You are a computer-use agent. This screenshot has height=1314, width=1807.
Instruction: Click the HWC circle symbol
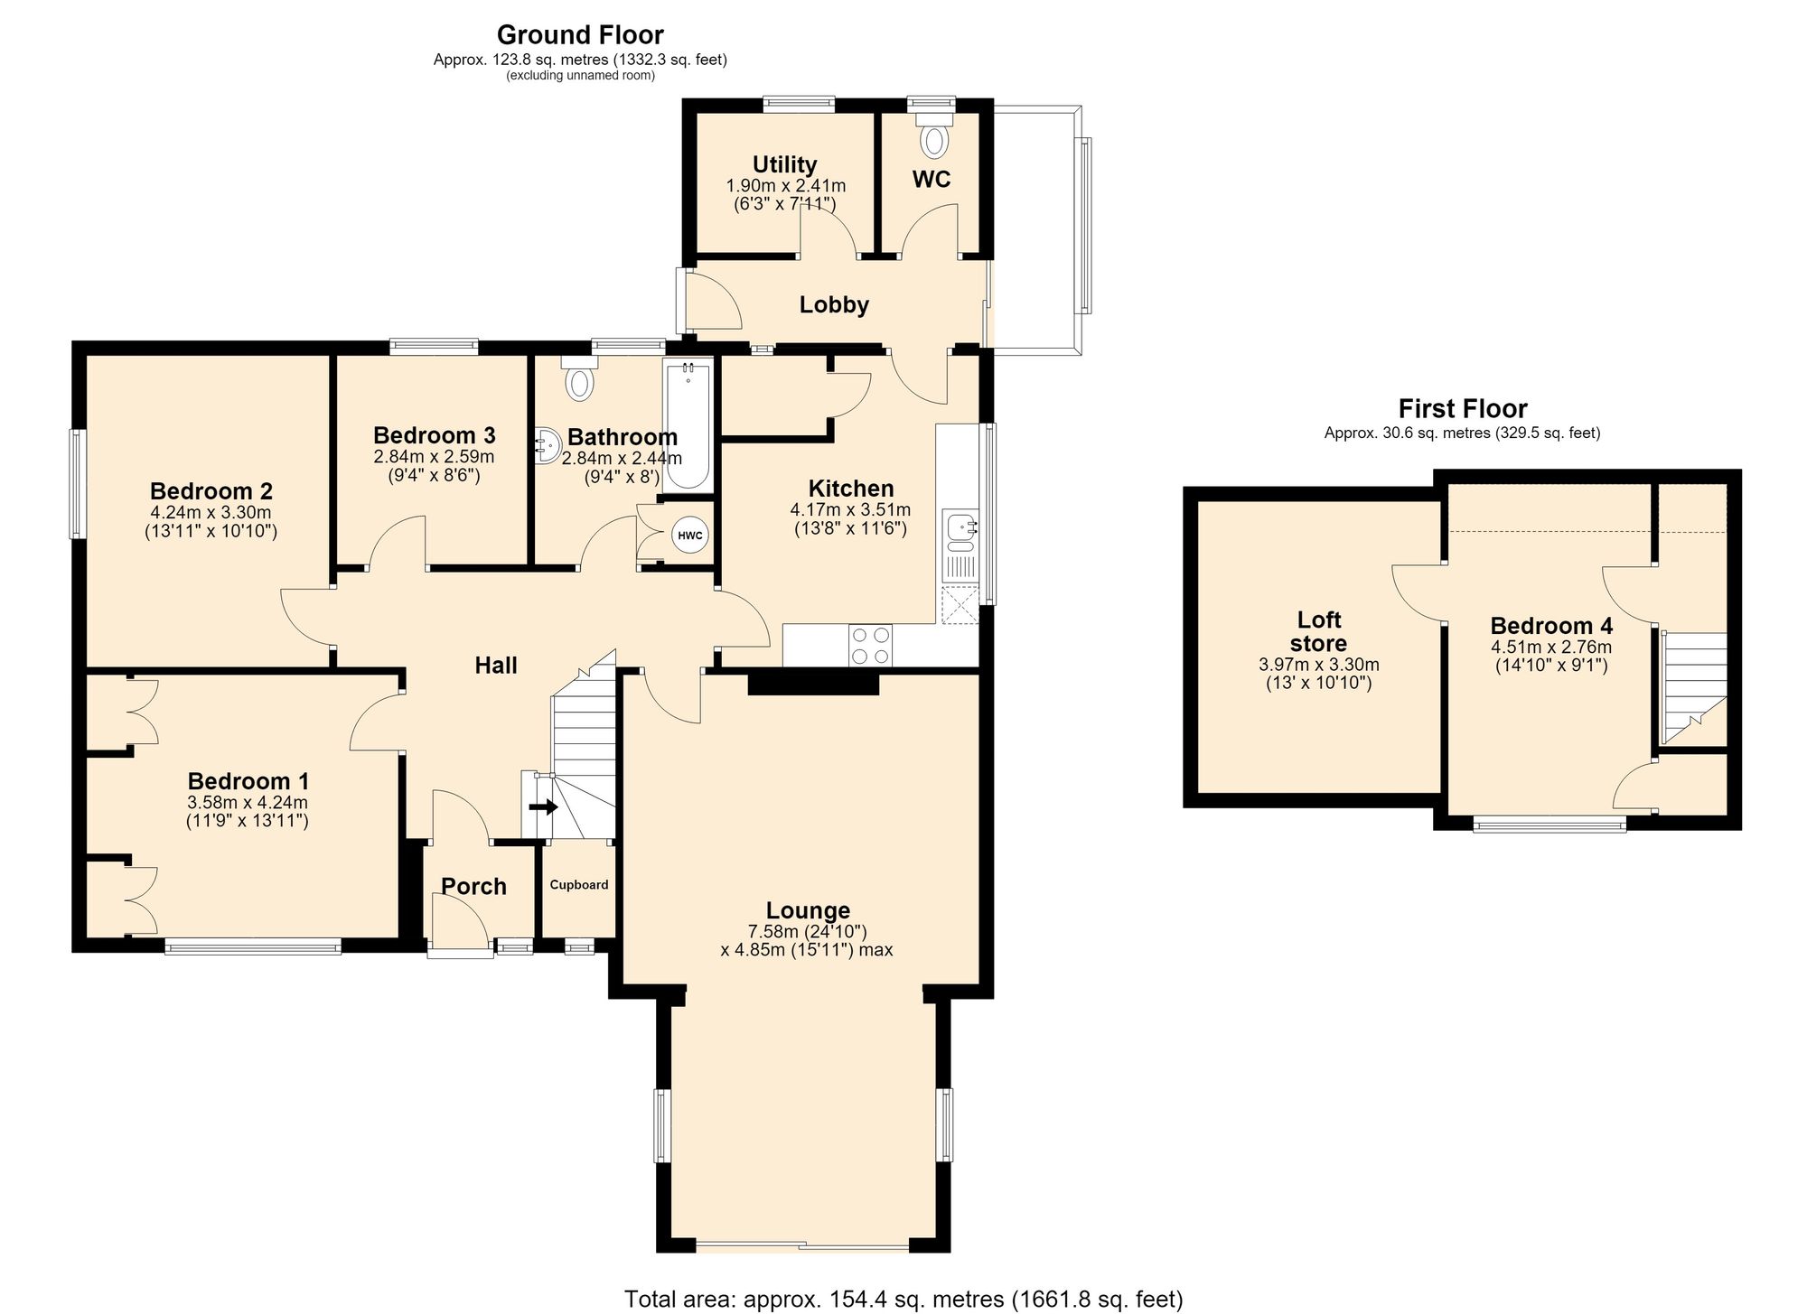(x=690, y=536)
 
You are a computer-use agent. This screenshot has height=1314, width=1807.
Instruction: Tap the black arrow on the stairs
(x=543, y=806)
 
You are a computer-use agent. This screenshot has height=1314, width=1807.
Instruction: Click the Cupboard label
(x=579, y=885)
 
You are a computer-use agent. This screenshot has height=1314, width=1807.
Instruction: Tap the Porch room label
(x=473, y=886)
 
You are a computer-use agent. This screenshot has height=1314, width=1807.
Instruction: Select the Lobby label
(x=834, y=305)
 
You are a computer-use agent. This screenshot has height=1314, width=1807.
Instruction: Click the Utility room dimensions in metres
(x=786, y=186)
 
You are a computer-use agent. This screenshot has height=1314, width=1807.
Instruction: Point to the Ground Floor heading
(x=580, y=35)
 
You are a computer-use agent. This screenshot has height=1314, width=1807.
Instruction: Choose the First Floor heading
(x=1463, y=408)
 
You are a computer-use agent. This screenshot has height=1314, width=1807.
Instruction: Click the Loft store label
(x=1319, y=631)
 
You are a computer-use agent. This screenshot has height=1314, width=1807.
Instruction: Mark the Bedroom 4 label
(x=1551, y=625)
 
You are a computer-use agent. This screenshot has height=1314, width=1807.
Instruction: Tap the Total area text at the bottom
(x=903, y=1300)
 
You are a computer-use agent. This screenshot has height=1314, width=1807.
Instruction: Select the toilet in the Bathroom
(x=578, y=377)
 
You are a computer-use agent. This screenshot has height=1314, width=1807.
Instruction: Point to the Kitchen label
(x=851, y=489)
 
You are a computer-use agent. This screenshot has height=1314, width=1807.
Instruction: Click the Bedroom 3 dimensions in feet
(x=427, y=475)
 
